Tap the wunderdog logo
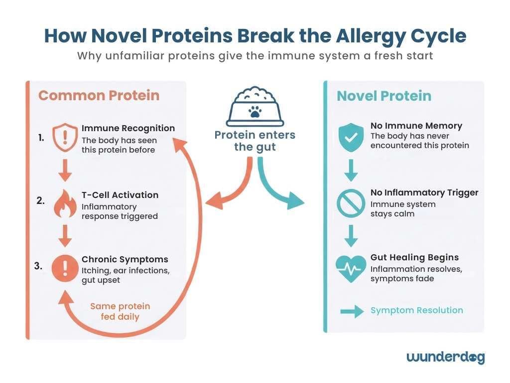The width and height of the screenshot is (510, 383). coord(445,357)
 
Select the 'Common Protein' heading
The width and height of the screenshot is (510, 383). coord(99,95)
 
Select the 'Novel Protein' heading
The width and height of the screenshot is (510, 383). coord(384,96)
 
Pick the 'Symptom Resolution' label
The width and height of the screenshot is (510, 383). coord(416,310)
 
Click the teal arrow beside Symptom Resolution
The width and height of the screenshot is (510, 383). coord(351,312)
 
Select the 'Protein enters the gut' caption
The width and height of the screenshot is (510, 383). coord(255,141)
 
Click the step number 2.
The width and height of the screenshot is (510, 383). coord(40,201)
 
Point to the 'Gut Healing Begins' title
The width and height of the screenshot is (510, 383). coord(414,257)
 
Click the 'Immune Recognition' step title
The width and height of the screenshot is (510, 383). coord(128,128)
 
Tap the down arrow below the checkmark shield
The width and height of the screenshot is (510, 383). coord(351,170)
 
